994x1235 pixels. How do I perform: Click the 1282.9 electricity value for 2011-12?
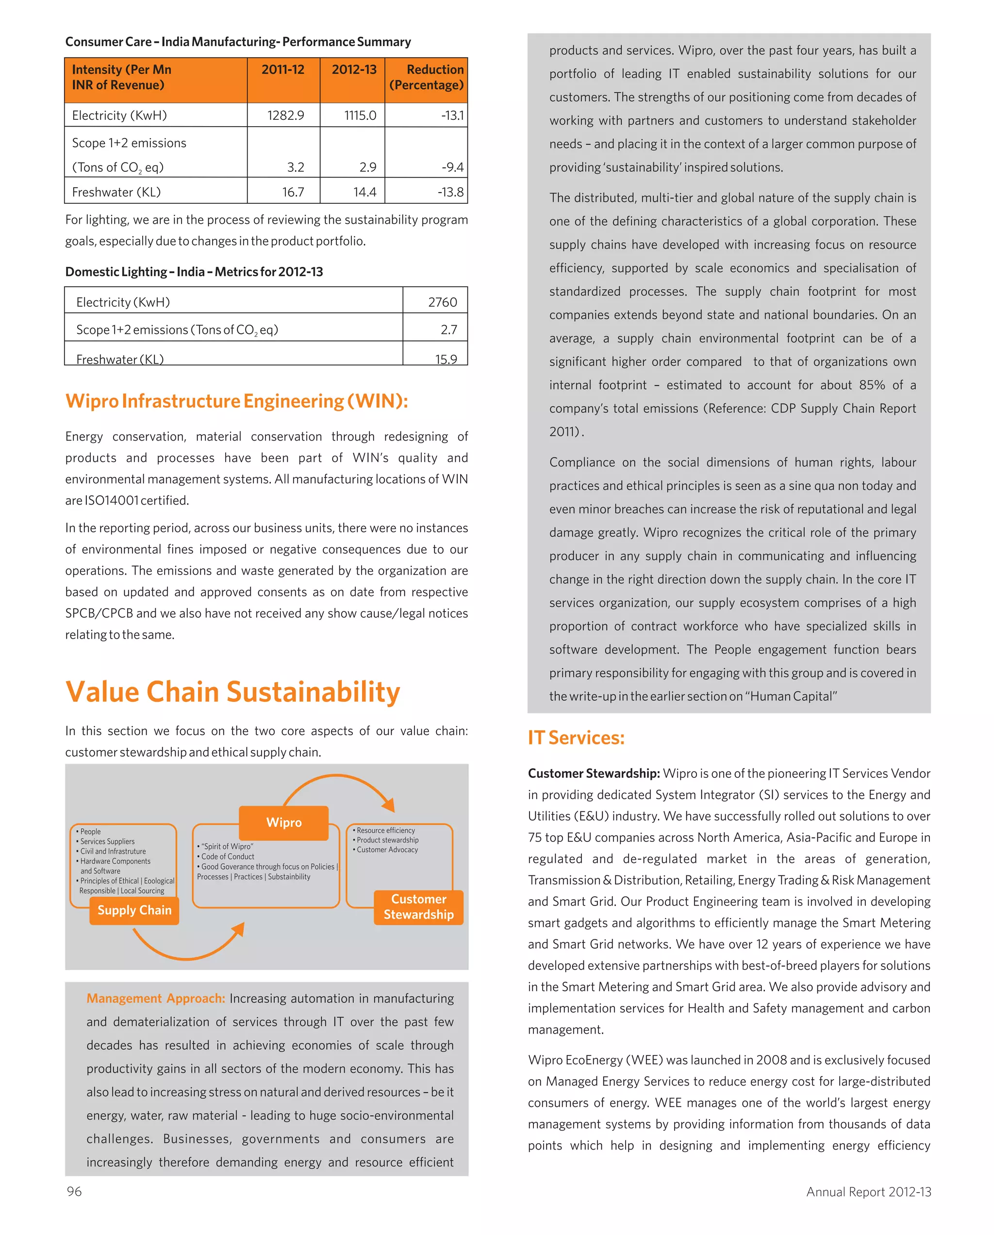pos(285,115)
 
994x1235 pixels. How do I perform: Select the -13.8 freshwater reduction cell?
pos(450,192)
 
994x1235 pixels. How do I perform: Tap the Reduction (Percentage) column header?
pos(426,77)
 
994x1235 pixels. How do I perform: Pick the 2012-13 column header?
pos(353,70)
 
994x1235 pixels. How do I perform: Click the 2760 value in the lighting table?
pos(442,302)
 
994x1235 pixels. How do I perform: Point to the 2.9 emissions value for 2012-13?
pos(368,167)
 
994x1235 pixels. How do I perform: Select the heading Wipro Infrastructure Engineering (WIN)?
pos(237,400)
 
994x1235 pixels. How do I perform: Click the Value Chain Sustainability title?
pos(232,692)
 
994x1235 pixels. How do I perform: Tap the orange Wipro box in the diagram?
pos(283,822)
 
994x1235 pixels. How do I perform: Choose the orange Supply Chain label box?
pos(134,910)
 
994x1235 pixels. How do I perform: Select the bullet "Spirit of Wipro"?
pos(226,846)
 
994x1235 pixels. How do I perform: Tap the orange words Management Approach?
pos(156,998)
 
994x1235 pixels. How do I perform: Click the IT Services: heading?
pos(576,737)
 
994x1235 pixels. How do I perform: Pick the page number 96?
pos(74,1191)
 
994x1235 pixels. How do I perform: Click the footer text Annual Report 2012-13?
pos(868,1191)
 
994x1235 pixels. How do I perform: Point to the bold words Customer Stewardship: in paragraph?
pos(594,774)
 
